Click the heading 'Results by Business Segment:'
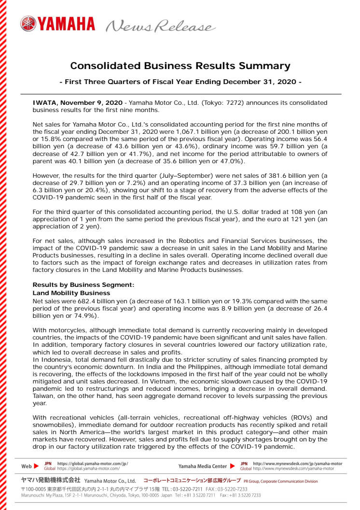pos(80,285)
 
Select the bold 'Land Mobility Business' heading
pos(71,293)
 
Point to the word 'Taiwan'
pos(43,396)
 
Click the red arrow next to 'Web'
pos(37,466)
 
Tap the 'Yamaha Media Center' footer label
pos(202,466)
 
